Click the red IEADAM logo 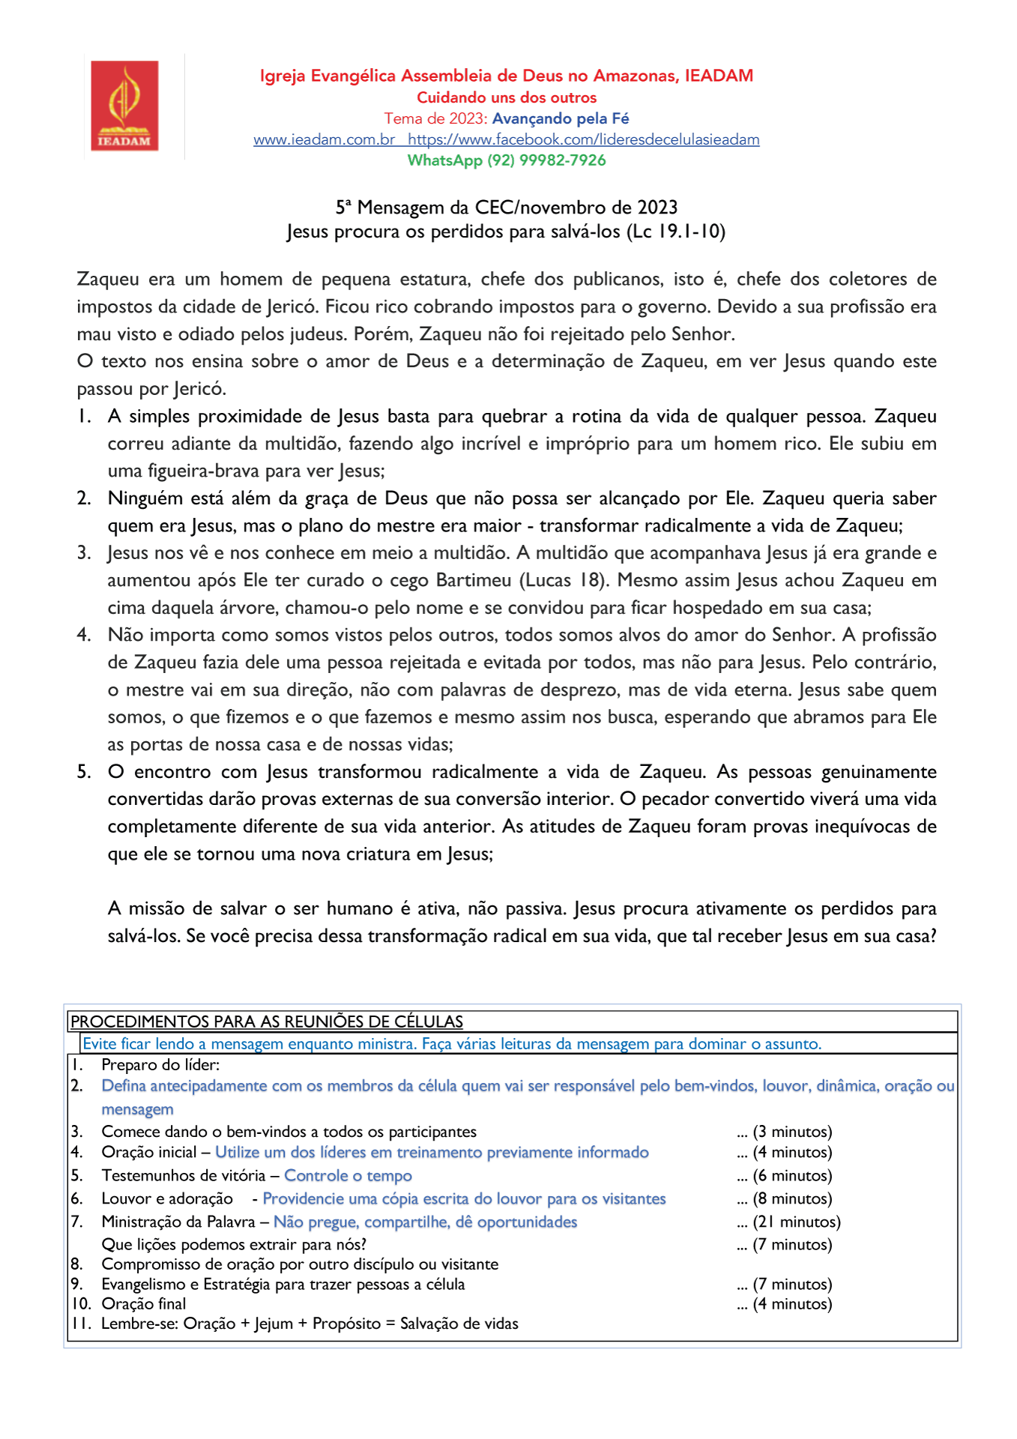(125, 106)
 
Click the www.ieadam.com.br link (324, 139)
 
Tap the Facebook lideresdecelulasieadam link (584, 139)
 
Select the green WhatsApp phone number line (507, 160)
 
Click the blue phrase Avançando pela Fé (561, 118)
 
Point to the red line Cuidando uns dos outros (507, 97)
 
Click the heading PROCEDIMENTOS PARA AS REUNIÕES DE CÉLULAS (267, 1022)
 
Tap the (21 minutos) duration (797, 1222)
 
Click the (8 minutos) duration (792, 1199)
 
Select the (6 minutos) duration (792, 1176)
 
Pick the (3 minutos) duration (792, 1132)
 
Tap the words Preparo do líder (160, 1065)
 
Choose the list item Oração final (144, 1304)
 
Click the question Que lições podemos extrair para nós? (234, 1245)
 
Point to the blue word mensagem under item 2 (137, 1109)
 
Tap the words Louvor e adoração (167, 1199)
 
